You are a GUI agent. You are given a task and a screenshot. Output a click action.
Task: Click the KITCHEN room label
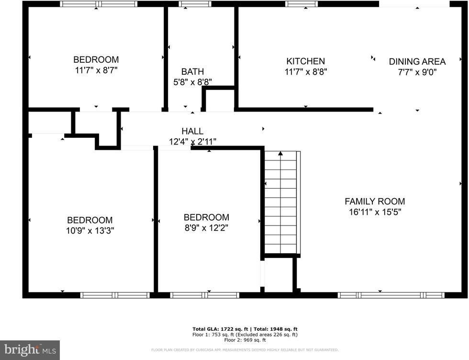(x=305, y=61)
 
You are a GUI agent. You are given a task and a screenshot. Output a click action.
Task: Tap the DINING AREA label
(x=417, y=61)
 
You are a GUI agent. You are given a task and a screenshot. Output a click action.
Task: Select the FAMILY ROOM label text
(x=375, y=202)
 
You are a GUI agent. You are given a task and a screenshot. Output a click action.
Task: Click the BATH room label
(x=192, y=72)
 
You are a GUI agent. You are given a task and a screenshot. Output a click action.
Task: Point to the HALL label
(x=192, y=131)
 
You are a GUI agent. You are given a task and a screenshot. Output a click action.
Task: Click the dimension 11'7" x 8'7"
(x=96, y=70)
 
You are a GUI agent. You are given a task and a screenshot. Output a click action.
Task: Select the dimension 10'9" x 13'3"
(x=90, y=230)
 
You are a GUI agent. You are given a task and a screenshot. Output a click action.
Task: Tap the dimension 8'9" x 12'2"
(x=206, y=228)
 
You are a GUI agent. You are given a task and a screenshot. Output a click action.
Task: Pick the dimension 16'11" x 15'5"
(x=375, y=212)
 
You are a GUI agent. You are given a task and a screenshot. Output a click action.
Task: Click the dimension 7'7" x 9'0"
(x=417, y=72)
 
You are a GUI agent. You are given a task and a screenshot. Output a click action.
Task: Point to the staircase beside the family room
(x=282, y=202)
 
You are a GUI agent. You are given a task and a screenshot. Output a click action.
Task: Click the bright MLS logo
(x=30, y=350)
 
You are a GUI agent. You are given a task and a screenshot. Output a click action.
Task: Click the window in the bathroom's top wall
(x=195, y=4)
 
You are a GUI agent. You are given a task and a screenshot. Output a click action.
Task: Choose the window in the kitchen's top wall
(x=301, y=4)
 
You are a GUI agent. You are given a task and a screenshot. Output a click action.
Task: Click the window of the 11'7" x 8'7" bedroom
(x=99, y=4)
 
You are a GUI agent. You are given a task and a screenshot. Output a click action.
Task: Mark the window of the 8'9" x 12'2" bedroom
(x=205, y=295)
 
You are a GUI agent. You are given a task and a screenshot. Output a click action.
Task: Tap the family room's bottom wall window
(x=391, y=295)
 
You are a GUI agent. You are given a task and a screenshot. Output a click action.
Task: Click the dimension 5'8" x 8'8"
(x=192, y=82)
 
